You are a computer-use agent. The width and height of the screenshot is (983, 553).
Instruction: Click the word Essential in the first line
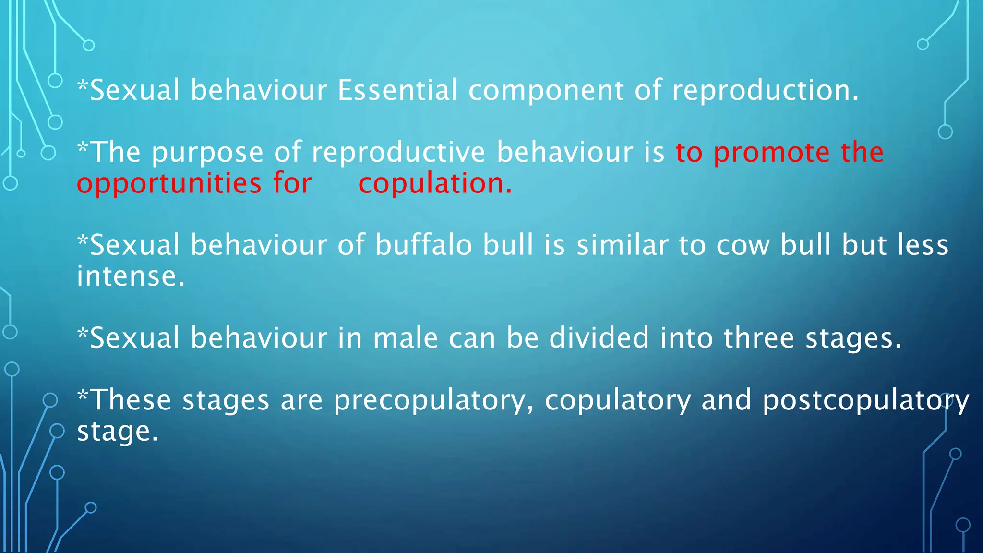pos(397,90)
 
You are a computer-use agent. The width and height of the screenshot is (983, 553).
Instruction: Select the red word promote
pos(771,153)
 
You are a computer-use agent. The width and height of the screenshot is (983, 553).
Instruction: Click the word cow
pos(743,246)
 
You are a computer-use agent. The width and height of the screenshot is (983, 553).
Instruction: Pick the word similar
pos(622,245)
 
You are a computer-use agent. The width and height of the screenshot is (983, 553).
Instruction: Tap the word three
pos(759,338)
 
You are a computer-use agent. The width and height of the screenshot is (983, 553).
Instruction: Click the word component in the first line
pos(546,91)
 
